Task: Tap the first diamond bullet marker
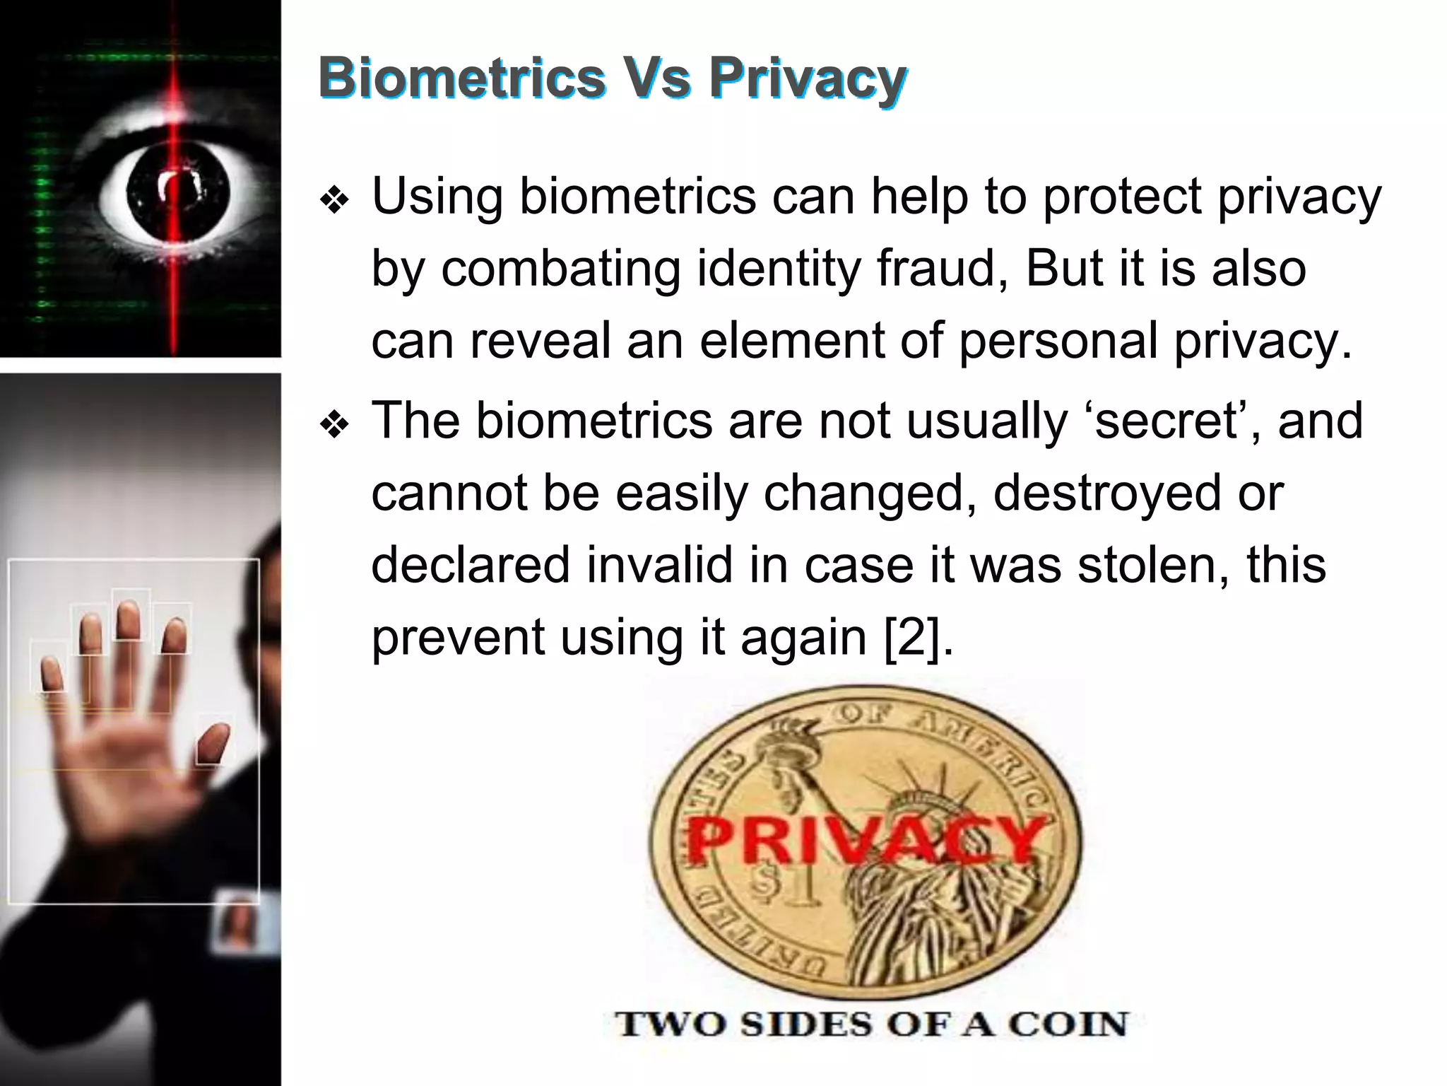click(x=334, y=202)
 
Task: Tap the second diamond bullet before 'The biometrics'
click(x=334, y=426)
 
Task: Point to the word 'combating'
click(x=561, y=270)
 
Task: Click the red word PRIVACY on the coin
click(x=866, y=840)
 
